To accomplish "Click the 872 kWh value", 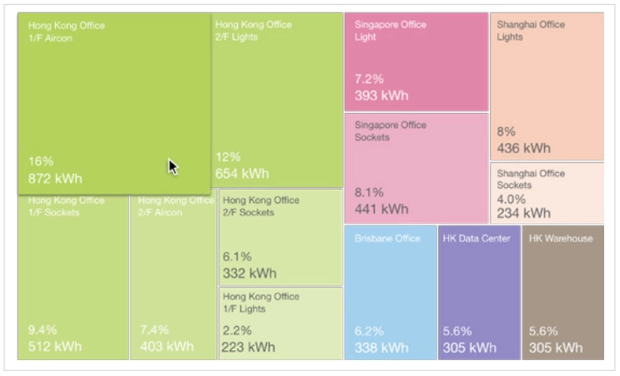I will pyautogui.click(x=55, y=179).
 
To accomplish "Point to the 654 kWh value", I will pyautogui.click(x=242, y=174).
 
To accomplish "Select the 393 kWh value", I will pyautogui.click(x=381, y=95).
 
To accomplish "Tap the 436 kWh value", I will pyautogui.click(x=524, y=148).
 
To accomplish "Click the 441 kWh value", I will pyautogui.click(x=381, y=209).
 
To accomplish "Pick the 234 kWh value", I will pyautogui.click(x=524, y=213).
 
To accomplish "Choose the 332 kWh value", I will pyautogui.click(x=249, y=273).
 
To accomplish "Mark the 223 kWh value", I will pyautogui.click(x=249, y=347).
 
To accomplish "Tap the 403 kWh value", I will pyautogui.click(x=167, y=347).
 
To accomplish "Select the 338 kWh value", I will pyautogui.click(x=381, y=348).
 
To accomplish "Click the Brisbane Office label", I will pyautogui.click(x=387, y=238).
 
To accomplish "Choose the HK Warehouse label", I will pyautogui.click(x=561, y=238).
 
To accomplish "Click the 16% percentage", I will pyautogui.click(x=41, y=161).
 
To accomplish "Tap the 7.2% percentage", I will pyautogui.click(x=369, y=79).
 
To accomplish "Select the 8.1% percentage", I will pyautogui.click(x=369, y=192).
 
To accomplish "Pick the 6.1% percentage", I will pyautogui.click(x=236, y=257).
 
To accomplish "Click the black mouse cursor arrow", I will pyautogui.click(x=173, y=167).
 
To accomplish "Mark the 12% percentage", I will pyautogui.click(x=228, y=157).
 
